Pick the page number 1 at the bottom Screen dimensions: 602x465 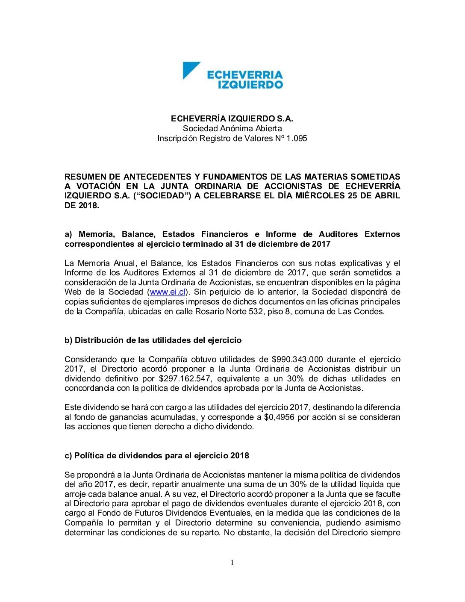pos(232,562)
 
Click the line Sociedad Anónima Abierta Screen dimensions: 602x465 pos(232,128)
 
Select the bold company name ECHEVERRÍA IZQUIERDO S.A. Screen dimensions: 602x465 pos(232,118)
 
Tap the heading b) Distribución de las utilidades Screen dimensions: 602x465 pos(153,340)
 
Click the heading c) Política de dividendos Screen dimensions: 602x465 pos(157,455)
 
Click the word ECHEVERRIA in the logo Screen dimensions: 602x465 pos(245,75)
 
